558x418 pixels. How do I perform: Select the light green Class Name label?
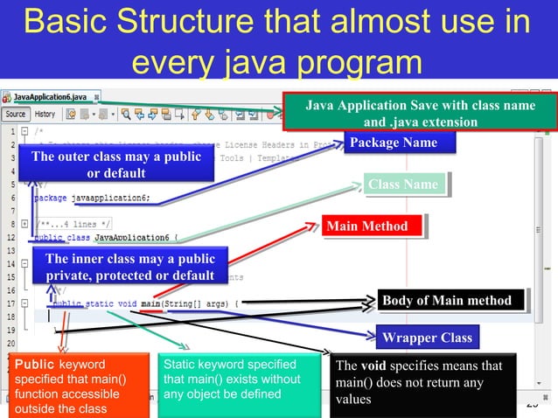[403, 185]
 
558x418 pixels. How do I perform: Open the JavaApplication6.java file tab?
[50, 96]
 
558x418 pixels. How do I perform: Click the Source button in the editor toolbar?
[16, 114]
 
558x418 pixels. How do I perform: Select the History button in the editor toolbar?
[45, 114]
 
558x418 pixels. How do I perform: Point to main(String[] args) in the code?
[187, 303]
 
